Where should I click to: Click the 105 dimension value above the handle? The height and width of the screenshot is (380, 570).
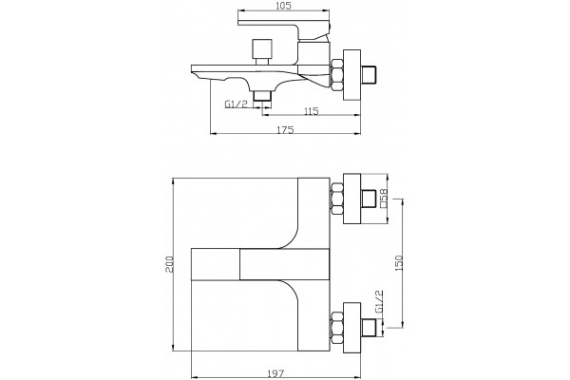click(x=283, y=6)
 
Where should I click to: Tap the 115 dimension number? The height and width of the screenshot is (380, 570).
click(x=310, y=111)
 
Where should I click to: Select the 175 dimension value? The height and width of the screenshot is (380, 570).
click(x=285, y=130)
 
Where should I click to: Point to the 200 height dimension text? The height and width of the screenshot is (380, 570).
click(x=169, y=264)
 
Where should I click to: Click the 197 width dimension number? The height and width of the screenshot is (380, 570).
click(x=275, y=373)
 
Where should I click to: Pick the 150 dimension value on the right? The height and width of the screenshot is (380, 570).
click(x=399, y=262)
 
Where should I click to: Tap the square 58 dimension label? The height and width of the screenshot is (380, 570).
click(x=384, y=199)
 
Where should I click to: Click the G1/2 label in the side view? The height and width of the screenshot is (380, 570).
click(x=236, y=104)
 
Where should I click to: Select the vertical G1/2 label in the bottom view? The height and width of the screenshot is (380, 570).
click(x=379, y=301)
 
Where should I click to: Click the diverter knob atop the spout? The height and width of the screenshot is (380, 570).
click(x=262, y=51)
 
